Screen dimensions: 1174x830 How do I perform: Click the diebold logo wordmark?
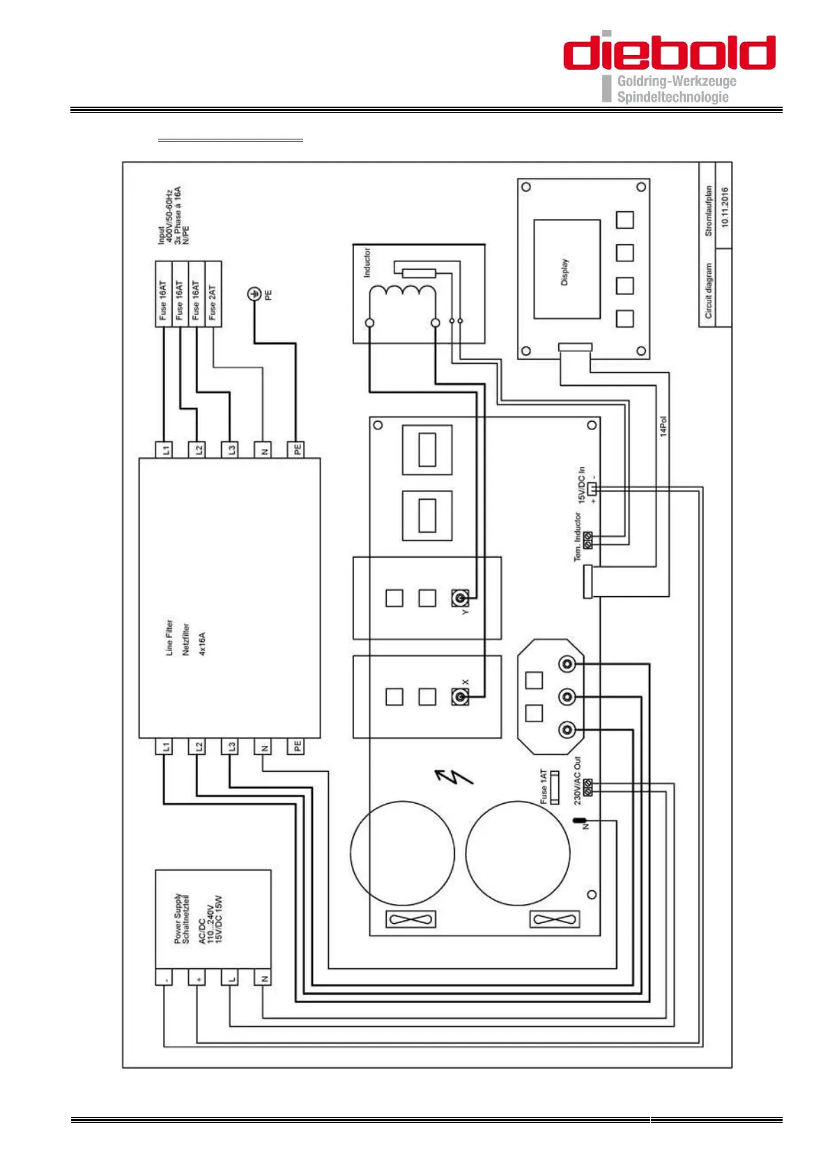(x=669, y=53)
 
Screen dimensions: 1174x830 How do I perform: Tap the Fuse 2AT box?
(x=213, y=294)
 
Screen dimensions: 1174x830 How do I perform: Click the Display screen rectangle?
(x=567, y=269)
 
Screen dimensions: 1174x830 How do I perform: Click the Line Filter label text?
(x=169, y=637)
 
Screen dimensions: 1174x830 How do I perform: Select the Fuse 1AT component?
(x=555, y=788)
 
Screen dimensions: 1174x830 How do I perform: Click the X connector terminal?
(x=460, y=696)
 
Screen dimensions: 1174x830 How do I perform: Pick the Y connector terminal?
(x=460, y=597)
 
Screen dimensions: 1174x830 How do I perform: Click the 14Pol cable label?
(x=663, y=426)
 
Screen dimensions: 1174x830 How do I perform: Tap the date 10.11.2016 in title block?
(x=725, y=207)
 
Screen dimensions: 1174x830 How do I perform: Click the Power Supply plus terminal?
(x=197, y=978)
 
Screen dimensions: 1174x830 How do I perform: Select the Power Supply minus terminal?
(x=164, y=978)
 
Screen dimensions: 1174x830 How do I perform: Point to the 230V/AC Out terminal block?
(x=588, y=788)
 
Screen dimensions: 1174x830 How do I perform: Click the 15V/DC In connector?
(x=592, y=488)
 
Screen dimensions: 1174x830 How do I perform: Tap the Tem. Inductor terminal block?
(x=588, y=540)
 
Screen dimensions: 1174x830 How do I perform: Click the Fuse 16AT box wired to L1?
(x=163, y=294)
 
